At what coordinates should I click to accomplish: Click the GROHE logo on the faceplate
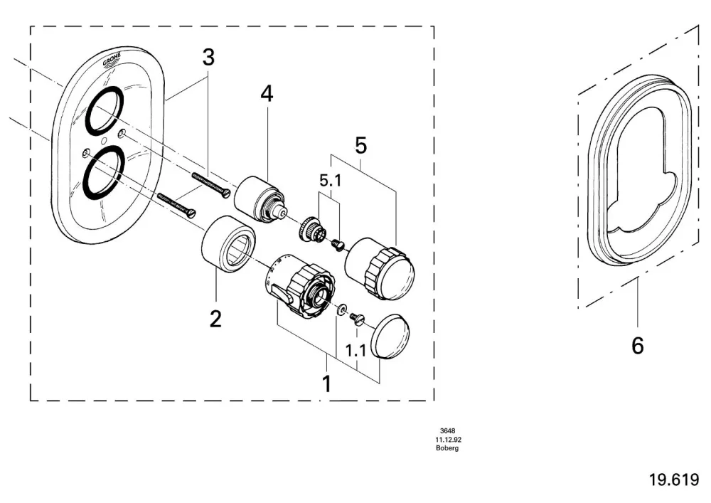coord(112,60)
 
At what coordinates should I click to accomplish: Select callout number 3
coord(208,58)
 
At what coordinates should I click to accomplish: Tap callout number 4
coord(267,94)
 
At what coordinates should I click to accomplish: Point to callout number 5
coord(360,146)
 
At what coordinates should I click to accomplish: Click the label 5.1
coord(331,181)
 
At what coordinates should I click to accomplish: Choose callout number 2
coord(215,319)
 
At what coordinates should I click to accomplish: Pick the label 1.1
coord(356,351)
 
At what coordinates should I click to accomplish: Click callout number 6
coord(638,346)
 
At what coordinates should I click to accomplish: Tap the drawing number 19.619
coord(674,480)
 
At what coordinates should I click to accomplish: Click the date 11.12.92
coord(448,440)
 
